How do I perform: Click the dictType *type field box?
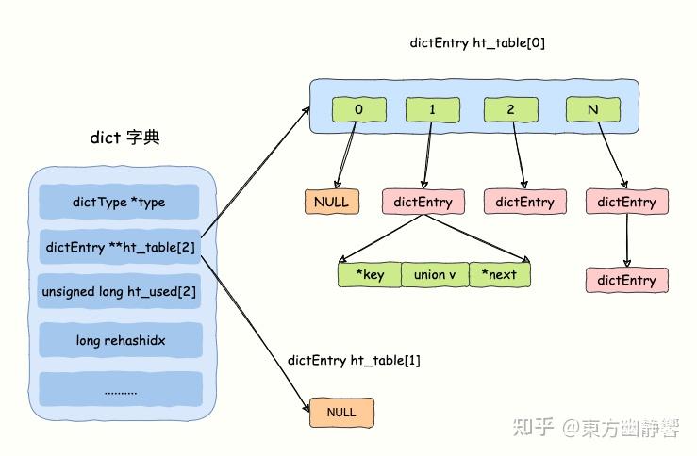coord(119,202)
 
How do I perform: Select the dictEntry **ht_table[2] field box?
coord(119,247)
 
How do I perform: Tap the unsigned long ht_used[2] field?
coord(119,292)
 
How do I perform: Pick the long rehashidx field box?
coord(119,339)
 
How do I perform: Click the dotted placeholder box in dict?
coord(119,388)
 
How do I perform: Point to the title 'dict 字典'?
coord(124,138)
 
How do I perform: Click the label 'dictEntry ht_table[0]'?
coord(476,43)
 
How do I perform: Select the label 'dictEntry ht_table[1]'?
coord(354,361)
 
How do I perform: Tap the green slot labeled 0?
coord(358,109)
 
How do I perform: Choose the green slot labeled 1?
coord(432,109)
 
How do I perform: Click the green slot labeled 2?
coord(510,109)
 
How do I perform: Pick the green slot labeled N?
coord(593,109)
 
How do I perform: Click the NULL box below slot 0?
coord(331,202)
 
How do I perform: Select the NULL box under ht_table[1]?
coord(341,413)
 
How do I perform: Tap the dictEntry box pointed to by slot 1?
coord(423,202)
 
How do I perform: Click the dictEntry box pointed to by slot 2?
coord(524,202)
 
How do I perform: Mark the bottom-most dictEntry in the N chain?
coord(627,280)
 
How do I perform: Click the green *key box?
coord(369,274)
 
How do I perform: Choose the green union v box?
coord(434,274)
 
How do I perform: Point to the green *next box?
coord(499,274)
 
